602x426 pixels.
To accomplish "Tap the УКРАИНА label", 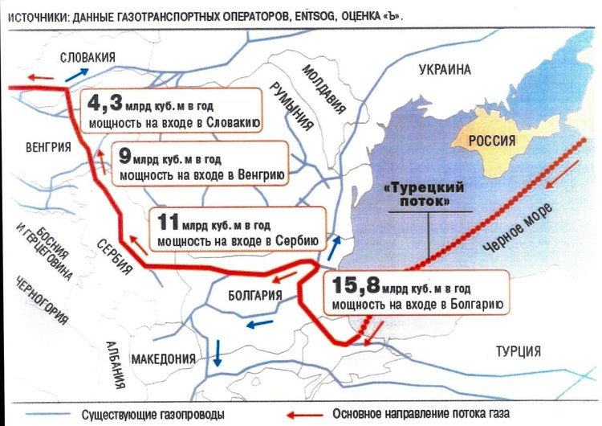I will pos(442,70).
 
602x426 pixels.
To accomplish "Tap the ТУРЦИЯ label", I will pos(518,351).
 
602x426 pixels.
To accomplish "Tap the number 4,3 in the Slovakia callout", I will pos(105,104).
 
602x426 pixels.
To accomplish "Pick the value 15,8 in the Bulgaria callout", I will pos(354,285).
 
